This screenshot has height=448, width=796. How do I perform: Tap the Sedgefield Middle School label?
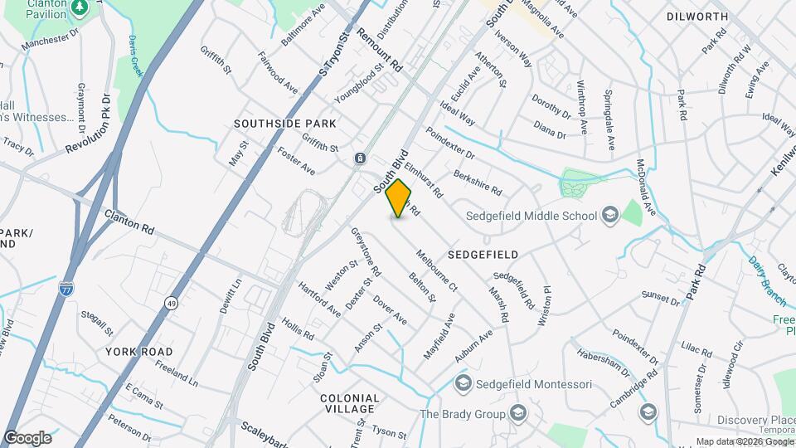[x=533, y=217]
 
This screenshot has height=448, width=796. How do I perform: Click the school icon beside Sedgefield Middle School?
[x=610, y=216]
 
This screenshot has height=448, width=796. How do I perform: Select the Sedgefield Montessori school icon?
[x=463, y=383]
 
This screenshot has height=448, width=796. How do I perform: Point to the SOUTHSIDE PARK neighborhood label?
[x=284, y=124]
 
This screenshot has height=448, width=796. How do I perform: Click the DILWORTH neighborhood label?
[x=696, y=17]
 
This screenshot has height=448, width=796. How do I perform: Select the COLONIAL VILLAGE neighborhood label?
[x=350, y=404]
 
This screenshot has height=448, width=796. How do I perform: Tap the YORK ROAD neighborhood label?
[x=138, y=352]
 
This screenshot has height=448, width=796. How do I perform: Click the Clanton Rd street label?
[x=129, y=222]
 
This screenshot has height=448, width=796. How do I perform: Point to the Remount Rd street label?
[x=379, y=50]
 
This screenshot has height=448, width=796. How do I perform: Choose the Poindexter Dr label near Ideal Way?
[x=449, y=143]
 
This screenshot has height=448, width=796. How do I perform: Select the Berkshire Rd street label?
[x=478, y=183]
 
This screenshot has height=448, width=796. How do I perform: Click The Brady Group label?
[x=462, y=414]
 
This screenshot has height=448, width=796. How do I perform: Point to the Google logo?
[x=27, y=437]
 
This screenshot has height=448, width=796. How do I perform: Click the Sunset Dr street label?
[x=659, y=295]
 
